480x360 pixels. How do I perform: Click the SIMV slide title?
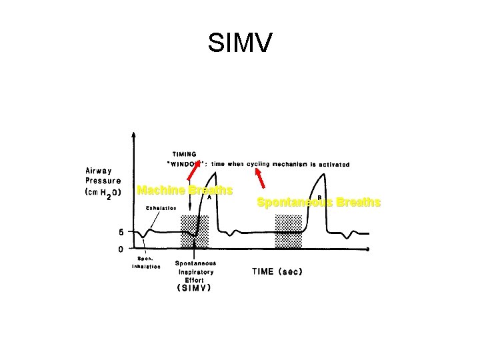coord(240,43)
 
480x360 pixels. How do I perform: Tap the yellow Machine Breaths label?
coord(185,191)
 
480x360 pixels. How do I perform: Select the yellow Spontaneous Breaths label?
coord(319,202)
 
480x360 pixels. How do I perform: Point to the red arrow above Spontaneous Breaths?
coord(262,179)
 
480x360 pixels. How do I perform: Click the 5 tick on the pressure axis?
coord(120,232)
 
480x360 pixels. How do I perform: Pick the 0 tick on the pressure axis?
coord(120,249)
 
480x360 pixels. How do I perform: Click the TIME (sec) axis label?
coord(279,271)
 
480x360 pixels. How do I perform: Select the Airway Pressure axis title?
coord(103,175)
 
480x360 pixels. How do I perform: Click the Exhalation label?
coord(161,208)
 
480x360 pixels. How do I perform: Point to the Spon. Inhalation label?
coord(146,262)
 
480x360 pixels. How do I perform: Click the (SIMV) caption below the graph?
coord(194,289)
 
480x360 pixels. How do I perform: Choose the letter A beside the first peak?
coord(209,197)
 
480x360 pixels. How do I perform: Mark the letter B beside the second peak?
coord(319,197)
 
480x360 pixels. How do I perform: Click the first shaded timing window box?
coord(194,230)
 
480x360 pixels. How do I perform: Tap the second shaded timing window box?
coord(288,230)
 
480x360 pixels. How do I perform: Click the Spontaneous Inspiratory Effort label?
coord(195,271)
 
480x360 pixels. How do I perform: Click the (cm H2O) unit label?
coord(103,193)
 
